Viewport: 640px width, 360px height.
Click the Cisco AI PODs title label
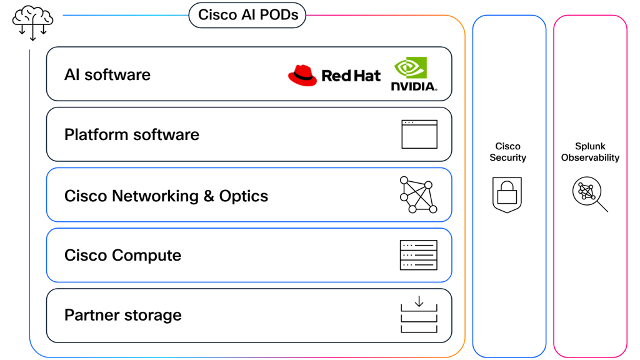point(247,14)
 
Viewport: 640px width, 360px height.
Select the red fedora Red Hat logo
point(302,75)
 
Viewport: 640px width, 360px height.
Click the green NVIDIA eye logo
point(411,69)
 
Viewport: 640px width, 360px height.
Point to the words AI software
point(107,75)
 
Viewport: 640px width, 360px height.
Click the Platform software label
point(132,134)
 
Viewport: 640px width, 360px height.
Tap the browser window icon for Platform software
point(419,134)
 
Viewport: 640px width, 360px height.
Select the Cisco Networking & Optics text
point(166,196)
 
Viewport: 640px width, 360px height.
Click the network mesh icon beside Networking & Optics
point(418,195)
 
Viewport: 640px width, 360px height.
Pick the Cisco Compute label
point(122,255)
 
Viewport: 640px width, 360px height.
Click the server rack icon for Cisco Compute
point(418,255)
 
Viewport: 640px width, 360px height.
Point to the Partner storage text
point(123,315)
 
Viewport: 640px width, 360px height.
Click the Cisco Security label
point(507,152)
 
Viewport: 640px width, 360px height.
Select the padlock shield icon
point(507,194)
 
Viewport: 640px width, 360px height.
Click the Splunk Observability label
point(590,152)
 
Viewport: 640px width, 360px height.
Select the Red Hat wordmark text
point(351,76)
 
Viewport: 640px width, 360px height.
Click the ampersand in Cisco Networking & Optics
point(209,196)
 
